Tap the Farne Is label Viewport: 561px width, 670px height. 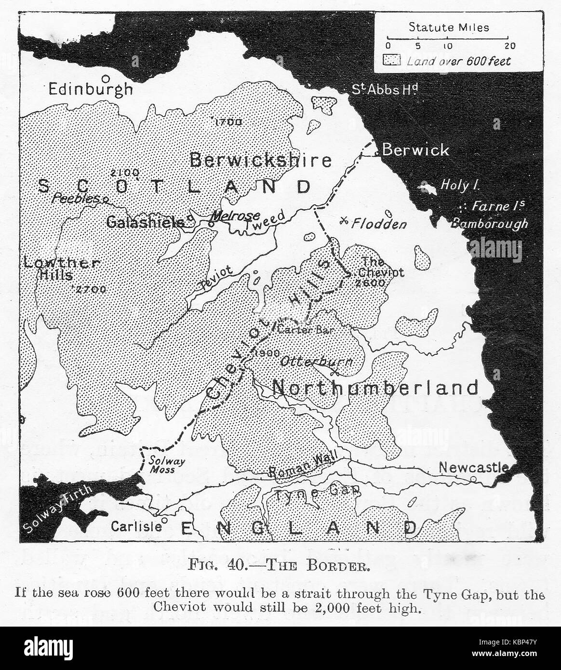coord(498,206)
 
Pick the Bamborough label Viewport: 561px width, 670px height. coord(489,223)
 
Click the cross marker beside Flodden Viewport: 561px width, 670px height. coord(344,221)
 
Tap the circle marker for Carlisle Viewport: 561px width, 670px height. coord(165,520)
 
